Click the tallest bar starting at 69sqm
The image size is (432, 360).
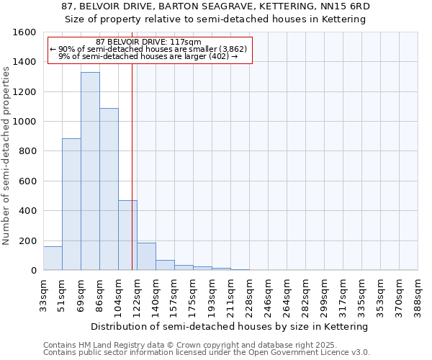90,171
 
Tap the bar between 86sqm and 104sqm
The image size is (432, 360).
109,189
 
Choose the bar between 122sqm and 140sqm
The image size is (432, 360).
146,256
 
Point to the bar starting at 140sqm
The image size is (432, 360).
165,265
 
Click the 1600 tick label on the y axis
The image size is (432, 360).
25,32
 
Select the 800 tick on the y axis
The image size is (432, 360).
28,151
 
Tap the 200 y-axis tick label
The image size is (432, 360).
28,240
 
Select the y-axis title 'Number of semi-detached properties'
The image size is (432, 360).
6,152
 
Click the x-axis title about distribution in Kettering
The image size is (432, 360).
230,327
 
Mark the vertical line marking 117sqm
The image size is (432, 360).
132,166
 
